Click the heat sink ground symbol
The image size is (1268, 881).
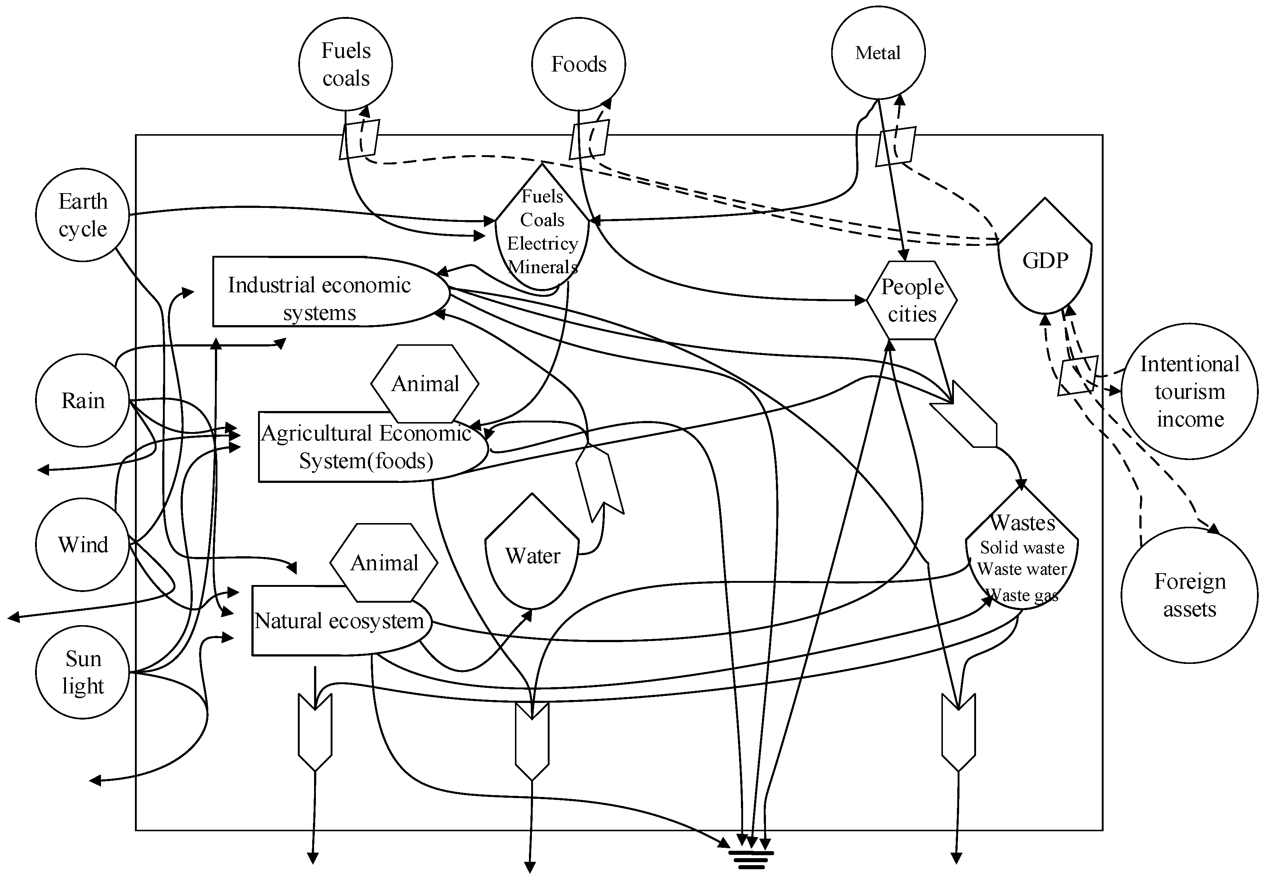[x=751, y=860]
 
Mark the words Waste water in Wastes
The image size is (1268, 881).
[x=1022, y=569]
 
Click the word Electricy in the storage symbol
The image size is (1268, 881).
[x=542, y=243]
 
